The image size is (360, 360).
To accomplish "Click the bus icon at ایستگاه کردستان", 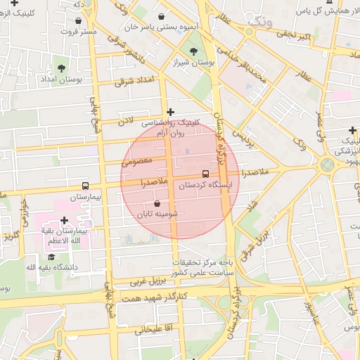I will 205,173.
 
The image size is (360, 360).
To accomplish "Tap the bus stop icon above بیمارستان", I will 85,186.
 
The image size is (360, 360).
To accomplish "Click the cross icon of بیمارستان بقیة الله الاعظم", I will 64,220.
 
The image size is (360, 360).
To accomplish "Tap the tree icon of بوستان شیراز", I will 193,51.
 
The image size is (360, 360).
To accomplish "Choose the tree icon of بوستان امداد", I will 61,68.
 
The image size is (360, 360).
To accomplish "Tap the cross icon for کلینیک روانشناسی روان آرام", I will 170,111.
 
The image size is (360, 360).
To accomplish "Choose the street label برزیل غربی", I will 146,281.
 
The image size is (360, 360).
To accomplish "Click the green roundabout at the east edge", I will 327,165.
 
